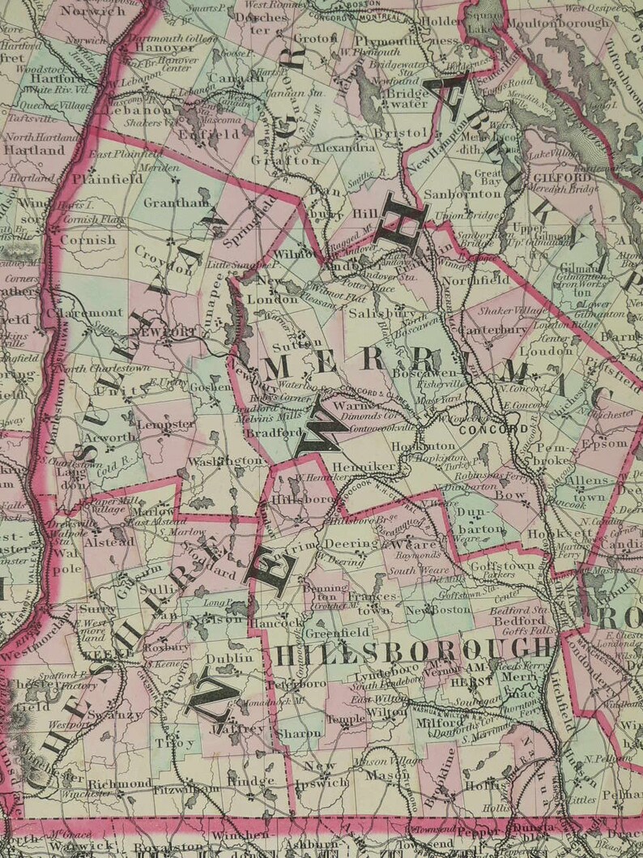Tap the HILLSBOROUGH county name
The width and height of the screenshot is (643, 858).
click(413, 649)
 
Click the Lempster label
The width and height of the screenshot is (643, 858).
click(165, 424)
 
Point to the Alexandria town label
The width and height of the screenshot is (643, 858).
click(344, 147)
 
